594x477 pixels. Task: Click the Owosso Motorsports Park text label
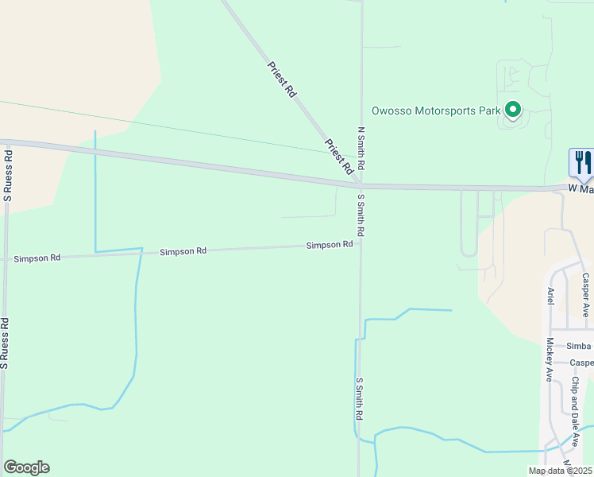point(435,111)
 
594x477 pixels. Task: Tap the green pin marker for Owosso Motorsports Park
point(513,110)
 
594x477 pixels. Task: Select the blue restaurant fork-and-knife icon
point(581,163)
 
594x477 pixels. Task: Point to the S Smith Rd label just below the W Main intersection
point(361,215)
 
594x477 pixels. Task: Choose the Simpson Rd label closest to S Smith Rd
point(330,245)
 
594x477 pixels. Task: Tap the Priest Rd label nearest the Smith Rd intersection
point(339,157)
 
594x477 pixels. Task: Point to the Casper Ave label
point(585,295)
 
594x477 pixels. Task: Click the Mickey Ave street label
point(549,360)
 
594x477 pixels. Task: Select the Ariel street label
point(549,297)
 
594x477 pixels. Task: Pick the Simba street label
point(579,346)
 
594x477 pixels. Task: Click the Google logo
point(26,467)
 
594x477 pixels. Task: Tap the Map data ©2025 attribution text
point(560,471)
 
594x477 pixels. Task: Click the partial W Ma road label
point(580,188)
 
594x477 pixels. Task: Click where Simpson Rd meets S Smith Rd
point(361,242)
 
